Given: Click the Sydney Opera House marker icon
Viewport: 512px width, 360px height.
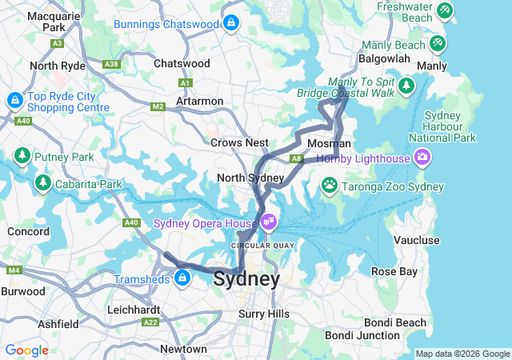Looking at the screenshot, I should tap(267, 222).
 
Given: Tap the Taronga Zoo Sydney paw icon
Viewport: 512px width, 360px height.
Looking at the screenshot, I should tap(330, 186).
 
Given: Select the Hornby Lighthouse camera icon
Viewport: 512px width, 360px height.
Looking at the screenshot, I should tap(422, 158).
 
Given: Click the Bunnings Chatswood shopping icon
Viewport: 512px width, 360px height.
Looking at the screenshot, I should tap(231, 23).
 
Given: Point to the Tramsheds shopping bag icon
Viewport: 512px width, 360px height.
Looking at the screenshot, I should tap(182, 278).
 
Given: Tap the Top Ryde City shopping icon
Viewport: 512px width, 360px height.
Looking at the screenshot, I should tap(14, 101).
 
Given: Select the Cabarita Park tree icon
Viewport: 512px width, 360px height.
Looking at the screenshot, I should tap(42, 183).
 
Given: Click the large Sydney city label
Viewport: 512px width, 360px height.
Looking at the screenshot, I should tap(246, 279).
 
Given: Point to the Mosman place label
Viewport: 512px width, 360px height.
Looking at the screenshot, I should tap(330, 143).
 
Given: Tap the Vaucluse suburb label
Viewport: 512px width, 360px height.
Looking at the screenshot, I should tap(417, 240).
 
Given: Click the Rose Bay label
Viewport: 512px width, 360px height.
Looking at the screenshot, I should tap(394, 272).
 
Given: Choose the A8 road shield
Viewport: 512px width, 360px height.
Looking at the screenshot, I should tap(296, 159).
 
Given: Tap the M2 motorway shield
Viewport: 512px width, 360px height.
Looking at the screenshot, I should tap(157, 106).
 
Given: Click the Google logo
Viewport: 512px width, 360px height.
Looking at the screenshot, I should tap(26, 350).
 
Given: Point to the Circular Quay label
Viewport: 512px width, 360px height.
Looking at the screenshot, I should tap(263, 245).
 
